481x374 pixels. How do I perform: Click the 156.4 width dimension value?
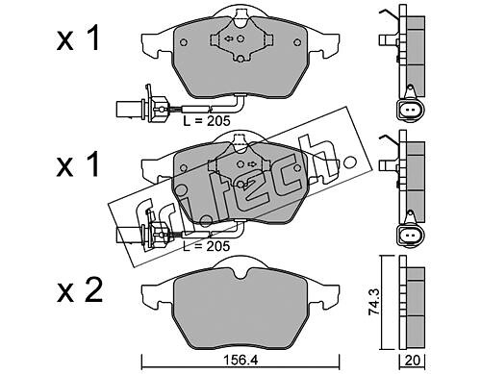click(240, 361)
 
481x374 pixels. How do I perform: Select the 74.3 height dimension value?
click(374, 302)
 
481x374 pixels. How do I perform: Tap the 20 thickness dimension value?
click(413, 361)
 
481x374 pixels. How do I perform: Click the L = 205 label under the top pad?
click(207, 121)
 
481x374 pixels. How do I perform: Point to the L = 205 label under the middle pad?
click(207, 246)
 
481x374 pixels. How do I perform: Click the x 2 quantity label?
click(80, 290)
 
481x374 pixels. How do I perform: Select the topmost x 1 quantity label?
click(78, 38)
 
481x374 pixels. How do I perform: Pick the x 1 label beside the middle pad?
click(78, 164)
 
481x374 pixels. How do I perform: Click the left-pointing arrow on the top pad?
click(229, 39)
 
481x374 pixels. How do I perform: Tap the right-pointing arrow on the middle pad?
click(252, 164)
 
